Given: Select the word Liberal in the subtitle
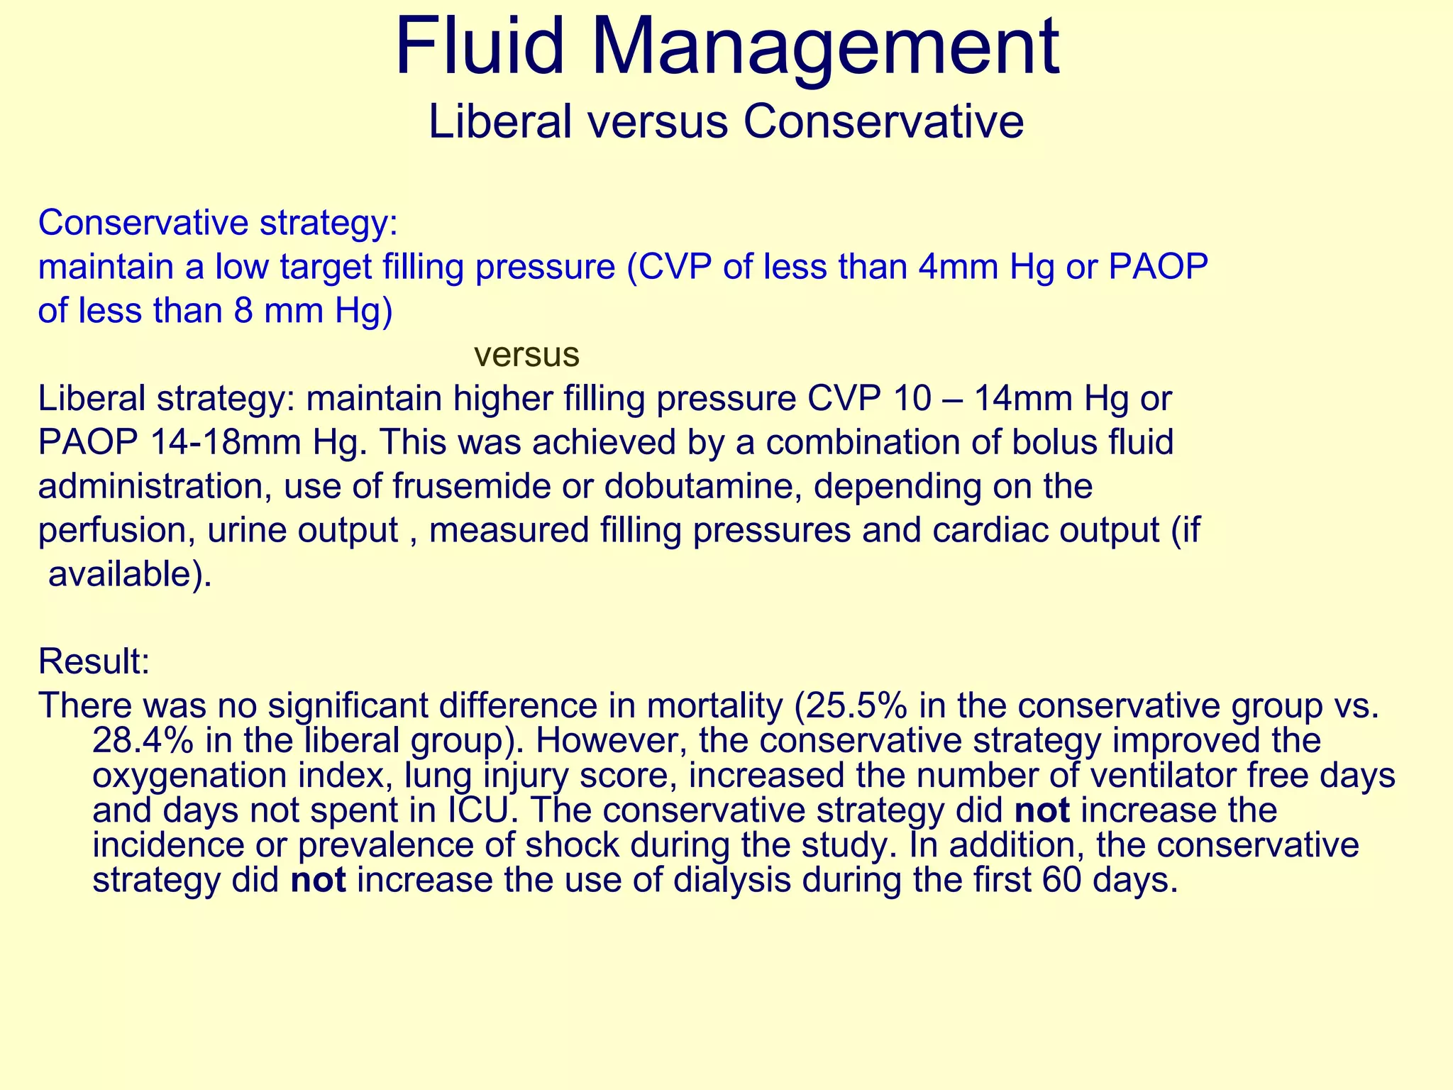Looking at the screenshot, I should [x=500, y=122].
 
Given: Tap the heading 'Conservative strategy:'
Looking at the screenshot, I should [x=218, y=223].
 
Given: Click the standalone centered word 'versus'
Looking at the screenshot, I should [x=526, y=355].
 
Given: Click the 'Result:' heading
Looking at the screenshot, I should [x=94, y=661].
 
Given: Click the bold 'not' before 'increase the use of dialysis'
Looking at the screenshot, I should [x=319, y=881].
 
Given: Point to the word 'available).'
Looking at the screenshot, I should [x=130, y=575].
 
